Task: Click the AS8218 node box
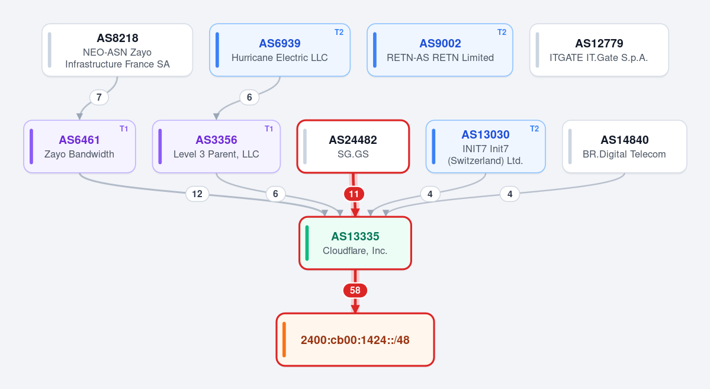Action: point(117,50)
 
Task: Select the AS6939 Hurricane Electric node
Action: point(280,50)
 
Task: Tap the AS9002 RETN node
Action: point(439,50)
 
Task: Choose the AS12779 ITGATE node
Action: point(599,50)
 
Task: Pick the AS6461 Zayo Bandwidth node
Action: point(80,146)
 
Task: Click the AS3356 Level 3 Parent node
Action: point(217,146)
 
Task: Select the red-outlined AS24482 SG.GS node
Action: point(353,146)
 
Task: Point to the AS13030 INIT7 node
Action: point(486,146)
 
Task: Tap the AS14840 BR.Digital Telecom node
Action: point(624,146)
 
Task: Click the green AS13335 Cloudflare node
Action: point(355,243)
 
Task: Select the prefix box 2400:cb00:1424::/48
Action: point(355,340)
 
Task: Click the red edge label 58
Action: point(355,290)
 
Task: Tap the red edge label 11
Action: point(354,194)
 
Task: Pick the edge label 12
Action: point(197,194)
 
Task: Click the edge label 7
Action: point(99,97)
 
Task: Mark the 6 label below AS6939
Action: point(249,97)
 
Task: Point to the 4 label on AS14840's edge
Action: point(510,194)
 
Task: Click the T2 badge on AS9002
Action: point(502,32)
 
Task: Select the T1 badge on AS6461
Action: point(124,128)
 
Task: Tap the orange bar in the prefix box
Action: point(284,340)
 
